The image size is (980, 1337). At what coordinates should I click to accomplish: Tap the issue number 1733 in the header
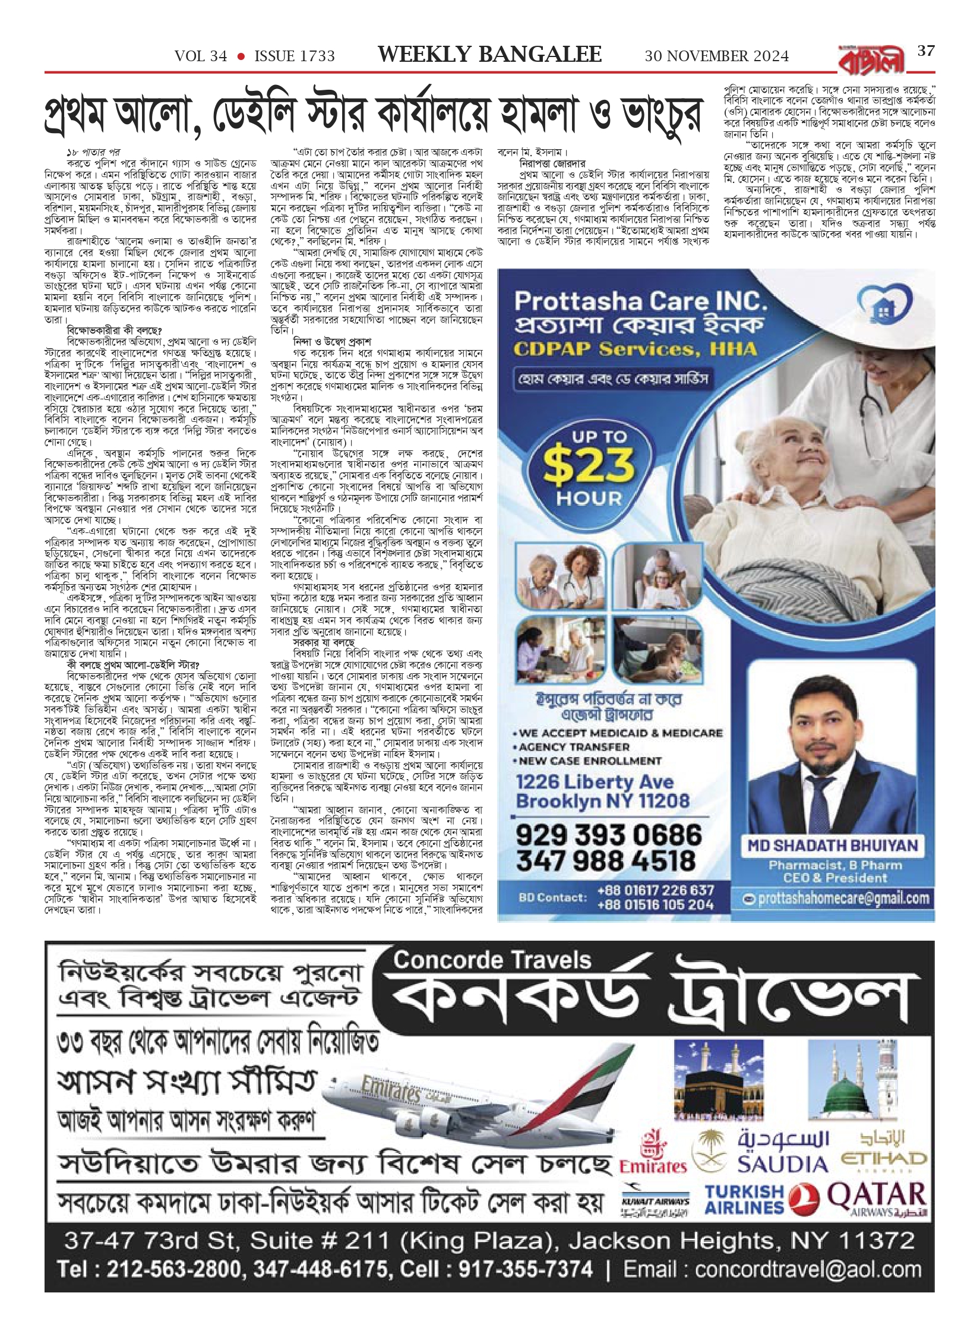click(295, 56)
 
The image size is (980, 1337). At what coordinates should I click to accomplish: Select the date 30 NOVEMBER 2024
click(717, 56)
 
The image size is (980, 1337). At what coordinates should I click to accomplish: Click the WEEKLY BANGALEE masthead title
click(489, 55)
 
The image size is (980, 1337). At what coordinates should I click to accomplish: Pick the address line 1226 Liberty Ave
click(595, 782)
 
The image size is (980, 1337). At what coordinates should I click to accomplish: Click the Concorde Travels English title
click(492, 960)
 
